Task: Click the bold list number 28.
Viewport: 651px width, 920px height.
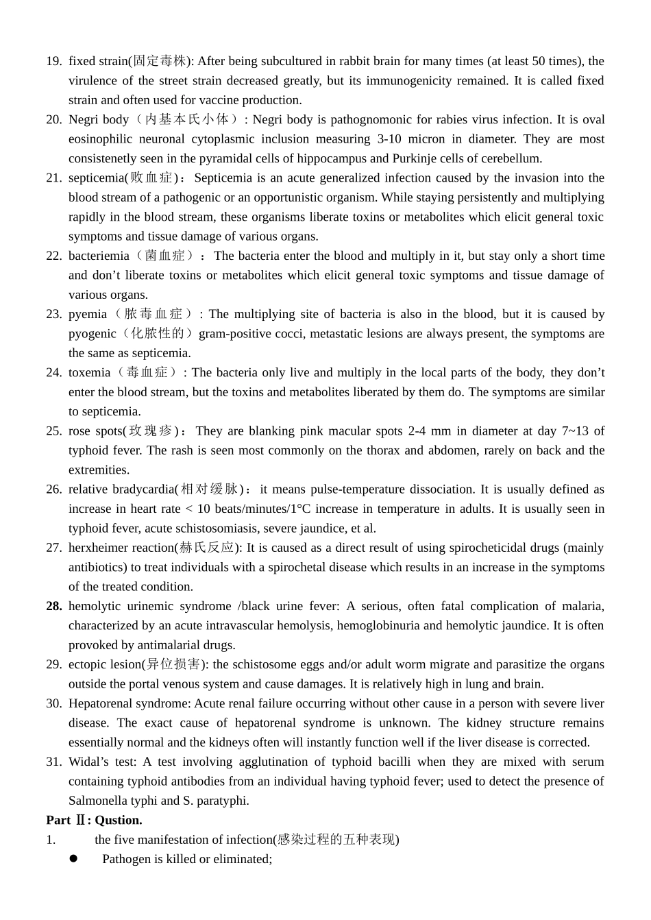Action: pyautogui.click(x=54, y=606)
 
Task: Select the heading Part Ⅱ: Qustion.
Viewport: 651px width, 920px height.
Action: pyautogui.click(x=95, y=820)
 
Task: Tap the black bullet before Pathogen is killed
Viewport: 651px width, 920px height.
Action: pyautogui.click(x=73, y=859)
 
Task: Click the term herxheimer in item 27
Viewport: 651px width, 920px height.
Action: pyautogui.click(x=96, y=548)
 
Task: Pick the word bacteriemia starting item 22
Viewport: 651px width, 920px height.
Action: pyautogui.click(x=99, y=256)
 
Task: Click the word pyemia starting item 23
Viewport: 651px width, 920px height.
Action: pyautogui.click(x=88, y=314)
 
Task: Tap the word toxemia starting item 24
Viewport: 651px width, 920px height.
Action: pyautogui.click(x=89, y=372)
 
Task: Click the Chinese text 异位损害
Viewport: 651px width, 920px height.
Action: pyautogui.click(x=175, y=664)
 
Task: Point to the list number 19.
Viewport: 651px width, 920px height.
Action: pyautogui.click(x=54, y=61)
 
